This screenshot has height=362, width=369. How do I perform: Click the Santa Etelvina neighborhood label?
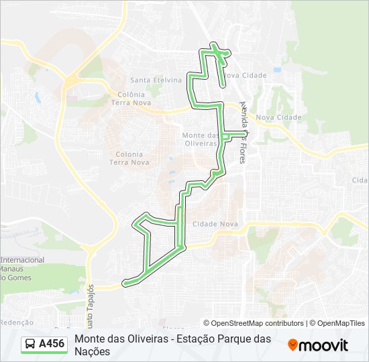coord(156,80)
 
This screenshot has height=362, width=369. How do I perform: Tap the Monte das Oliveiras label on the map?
coord(201,139)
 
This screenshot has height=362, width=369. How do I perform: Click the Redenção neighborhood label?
coord(17,304)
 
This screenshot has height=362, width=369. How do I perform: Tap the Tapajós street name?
coord(92,296)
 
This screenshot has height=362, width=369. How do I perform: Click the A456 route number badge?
coord(52,344)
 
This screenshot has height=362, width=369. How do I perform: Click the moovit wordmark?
coord(323,345)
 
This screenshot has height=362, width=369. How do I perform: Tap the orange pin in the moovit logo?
coord(293,345)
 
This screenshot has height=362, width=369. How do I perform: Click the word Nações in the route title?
coord(92,351)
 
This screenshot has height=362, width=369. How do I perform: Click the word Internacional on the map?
coord(22,260)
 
